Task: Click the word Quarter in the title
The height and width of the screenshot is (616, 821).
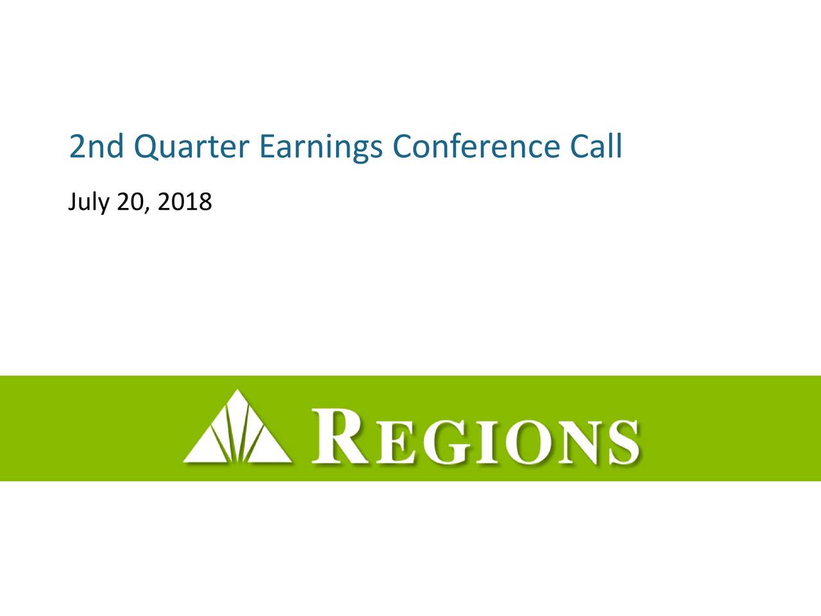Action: [x=191, y=146]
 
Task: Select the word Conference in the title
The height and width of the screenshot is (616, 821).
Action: [x=476, y=146]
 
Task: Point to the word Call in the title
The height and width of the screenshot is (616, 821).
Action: [x=597, y=146]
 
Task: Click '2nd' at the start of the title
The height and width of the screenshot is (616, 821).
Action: [x=96, y=146]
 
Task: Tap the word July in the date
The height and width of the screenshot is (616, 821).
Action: [x=89, y=202]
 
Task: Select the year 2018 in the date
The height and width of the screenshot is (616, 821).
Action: [x=185, y=201]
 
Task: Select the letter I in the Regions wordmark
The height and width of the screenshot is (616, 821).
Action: [x=488, y=443]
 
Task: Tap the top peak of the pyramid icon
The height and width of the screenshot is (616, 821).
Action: [x=237, y=389]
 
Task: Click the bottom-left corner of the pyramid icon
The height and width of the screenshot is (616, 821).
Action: [x=183, y=462]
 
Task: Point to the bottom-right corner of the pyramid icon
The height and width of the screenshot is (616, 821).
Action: [x=291, y=462]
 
